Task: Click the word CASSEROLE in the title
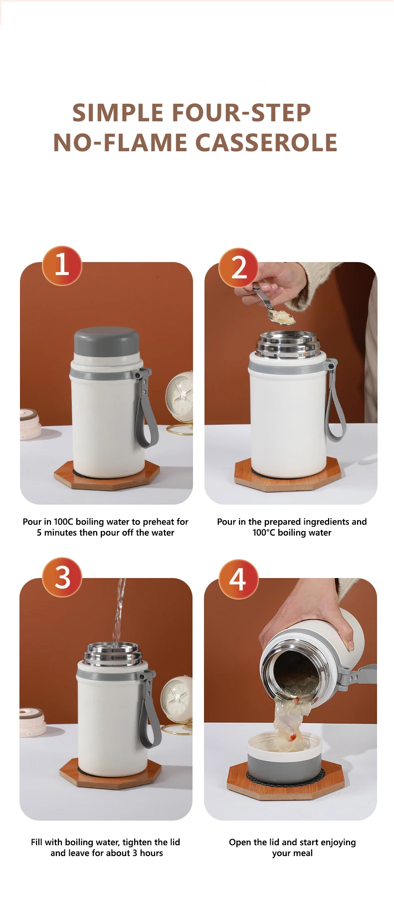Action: click(x=266, y=143)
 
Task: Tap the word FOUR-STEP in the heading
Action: click(x=241, y=113)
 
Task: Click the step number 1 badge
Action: click(x=62, y=265)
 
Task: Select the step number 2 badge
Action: click(x=238, y=268)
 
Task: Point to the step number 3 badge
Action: click(x=62, y=577)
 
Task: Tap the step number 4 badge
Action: click(x=238, y=579)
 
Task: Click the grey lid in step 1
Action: click(x=106, y=342)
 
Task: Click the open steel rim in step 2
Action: click(x=288, y=344)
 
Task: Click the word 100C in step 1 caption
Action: click(x=64, y=522)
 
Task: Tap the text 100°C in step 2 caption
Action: click(x=264, y=533)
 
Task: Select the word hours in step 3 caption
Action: click(x=152, y=853)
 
